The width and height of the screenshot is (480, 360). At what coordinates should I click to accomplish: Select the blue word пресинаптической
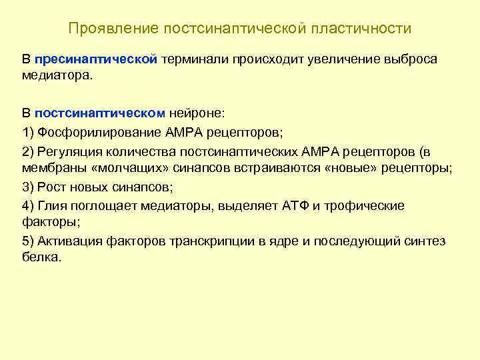point(95,59)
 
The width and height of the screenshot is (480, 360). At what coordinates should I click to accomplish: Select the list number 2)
point(28,150)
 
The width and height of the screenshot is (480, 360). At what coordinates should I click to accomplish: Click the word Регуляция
point(69,150)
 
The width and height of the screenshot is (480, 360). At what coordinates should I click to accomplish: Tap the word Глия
point(53,205)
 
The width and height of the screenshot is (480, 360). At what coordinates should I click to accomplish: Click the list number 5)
point(28,241)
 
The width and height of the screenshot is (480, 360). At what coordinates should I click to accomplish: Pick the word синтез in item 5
point(427,241)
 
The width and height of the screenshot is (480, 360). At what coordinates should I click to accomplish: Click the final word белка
point(41,257)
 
